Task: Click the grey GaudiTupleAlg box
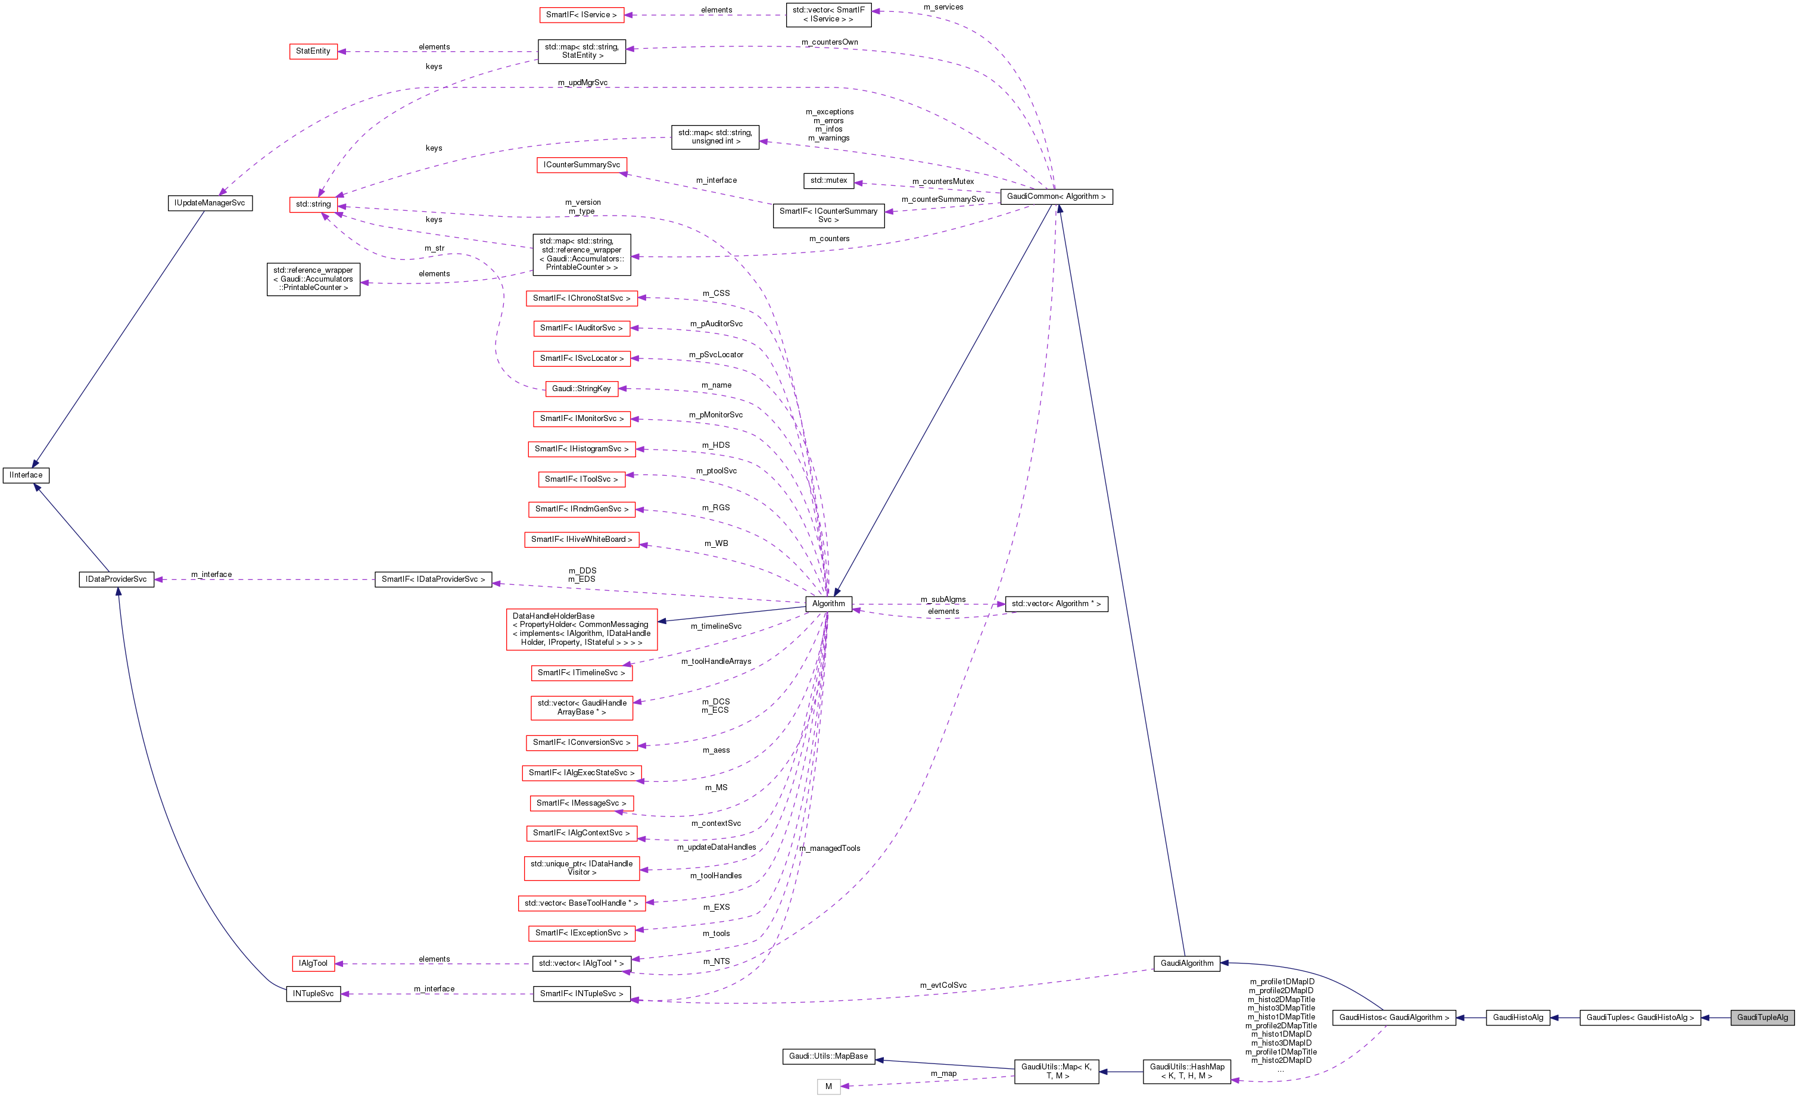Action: pos(1762,1017)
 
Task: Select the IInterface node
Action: pos(26,475)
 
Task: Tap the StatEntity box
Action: pos(313,51)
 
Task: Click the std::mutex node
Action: pos(828,180)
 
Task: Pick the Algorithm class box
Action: pos(828,603)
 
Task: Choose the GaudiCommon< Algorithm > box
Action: pos(1056,196)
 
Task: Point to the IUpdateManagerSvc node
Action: pos(210,203)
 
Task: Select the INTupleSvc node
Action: pos(313,994)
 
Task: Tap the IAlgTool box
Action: pos(313,963)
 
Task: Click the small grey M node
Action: pos(828,1086)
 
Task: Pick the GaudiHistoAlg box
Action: pos(1518,1017)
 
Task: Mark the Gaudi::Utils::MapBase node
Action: pos(828,1056)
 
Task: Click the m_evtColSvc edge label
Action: pos(943,985)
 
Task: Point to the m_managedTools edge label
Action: pos(830,849)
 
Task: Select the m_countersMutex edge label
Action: pos(943,182)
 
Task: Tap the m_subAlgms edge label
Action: pos(943,599)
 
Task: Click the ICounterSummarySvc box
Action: pos(582,165)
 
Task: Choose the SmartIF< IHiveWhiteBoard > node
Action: pos(582,539)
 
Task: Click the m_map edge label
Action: pos(943,1073)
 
